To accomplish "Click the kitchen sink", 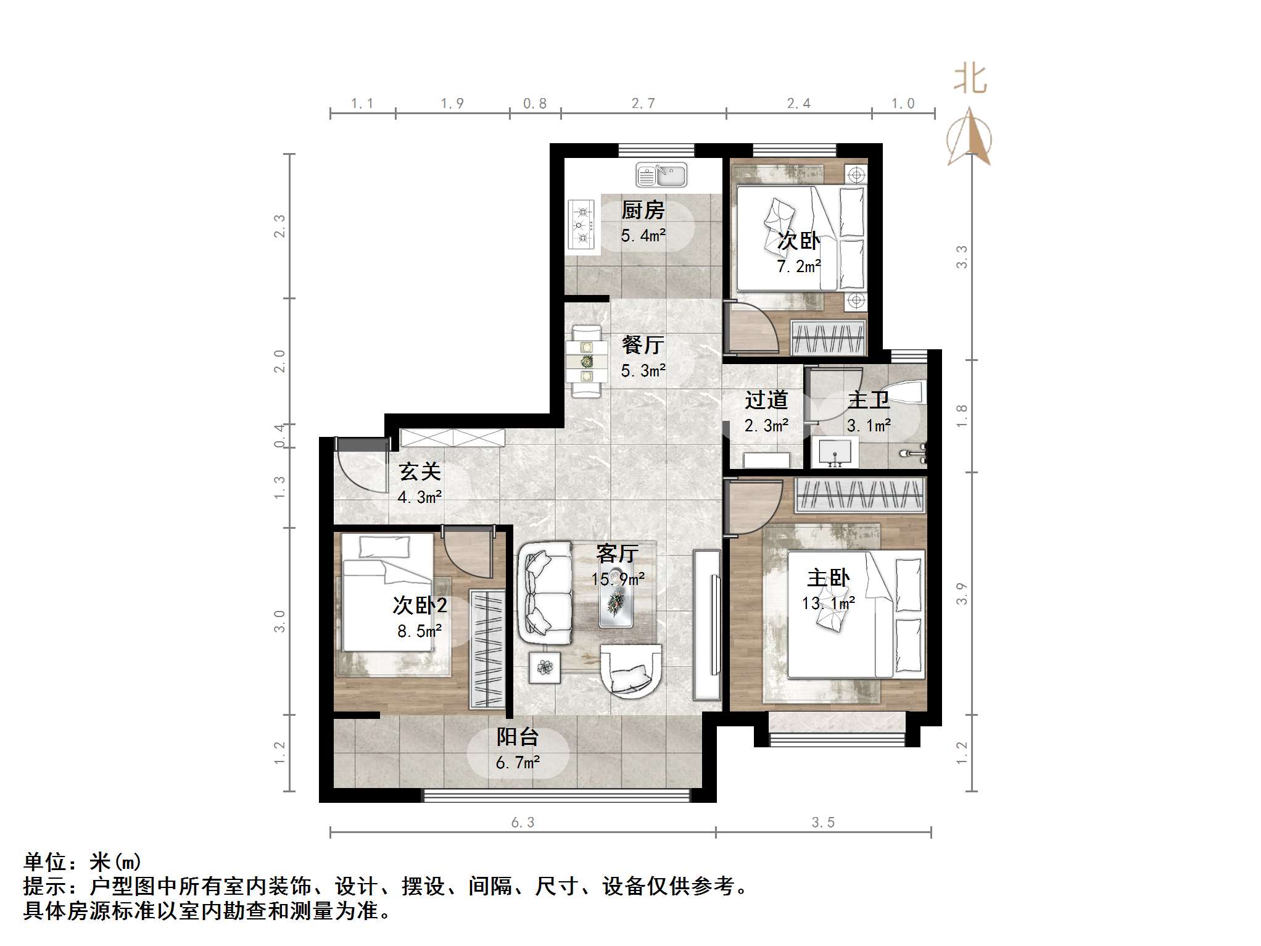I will click(661, 175).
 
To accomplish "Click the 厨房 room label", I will click(643, 210).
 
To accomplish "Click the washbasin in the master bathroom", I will click(835, 451).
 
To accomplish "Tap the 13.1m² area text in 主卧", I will click(828, 603).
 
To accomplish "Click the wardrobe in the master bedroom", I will click(861, 495).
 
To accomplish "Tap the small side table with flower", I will click(545, 667).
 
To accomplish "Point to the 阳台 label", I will click(518, 737).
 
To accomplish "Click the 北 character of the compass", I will click(970, 80).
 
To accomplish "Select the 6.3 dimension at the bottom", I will click(522, 822).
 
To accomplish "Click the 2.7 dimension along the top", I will click(643, 104).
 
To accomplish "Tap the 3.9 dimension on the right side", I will click(961, 594).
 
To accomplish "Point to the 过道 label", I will click(766, 400).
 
